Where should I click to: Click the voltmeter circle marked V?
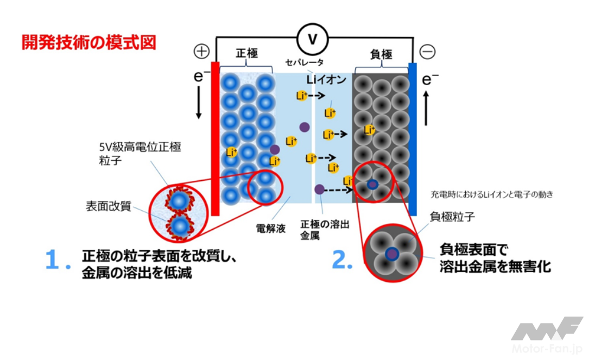click(x=312, y=38)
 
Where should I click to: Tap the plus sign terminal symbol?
click(x=201, y=52)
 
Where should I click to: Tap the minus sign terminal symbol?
click(x=428, y=52)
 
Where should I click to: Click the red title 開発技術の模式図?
click(x=89, y=42)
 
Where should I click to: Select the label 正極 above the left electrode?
click(x=246, y=53)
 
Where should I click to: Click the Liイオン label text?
click(x=326, y=80)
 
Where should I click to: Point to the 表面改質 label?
click(x=109, y=207)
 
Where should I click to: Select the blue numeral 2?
click(x=343, y=261)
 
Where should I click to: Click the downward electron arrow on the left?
click(x=199, y=103)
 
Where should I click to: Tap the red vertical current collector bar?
click(x=214, y=138)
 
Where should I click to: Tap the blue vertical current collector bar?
click(x=413, y=138)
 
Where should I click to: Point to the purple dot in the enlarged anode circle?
click(x=391, y=254)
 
